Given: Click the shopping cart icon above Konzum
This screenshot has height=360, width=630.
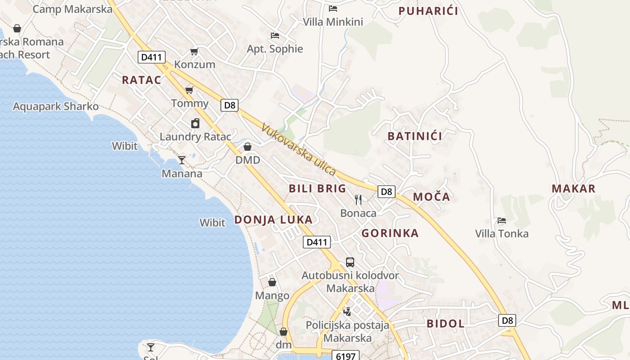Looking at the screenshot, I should click(194, 51).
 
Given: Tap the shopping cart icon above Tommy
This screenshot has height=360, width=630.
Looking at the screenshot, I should click(189, 90).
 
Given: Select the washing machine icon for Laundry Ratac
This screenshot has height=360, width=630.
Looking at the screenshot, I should click(195, 123).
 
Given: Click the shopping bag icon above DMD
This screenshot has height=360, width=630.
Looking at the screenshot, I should click(247, 147).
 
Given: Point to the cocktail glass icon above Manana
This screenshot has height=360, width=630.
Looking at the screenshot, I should click(182, 160).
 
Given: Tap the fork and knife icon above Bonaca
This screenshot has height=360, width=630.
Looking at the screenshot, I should click(358, 199).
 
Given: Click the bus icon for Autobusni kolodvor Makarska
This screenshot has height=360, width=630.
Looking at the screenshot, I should click(350, 262).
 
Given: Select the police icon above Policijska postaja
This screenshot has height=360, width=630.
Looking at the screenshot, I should click(347, 311).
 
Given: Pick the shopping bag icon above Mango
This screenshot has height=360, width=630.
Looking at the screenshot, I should click(272, 282).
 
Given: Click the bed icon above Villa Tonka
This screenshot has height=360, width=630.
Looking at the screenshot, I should click(502, 220).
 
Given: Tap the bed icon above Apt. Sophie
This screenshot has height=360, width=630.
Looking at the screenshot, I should click(274, 36).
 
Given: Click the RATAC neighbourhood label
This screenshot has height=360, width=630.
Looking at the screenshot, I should click(141, 80).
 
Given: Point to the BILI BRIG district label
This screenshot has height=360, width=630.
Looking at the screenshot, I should click(317, 189).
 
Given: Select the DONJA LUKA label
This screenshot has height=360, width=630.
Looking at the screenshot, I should click(273, 220).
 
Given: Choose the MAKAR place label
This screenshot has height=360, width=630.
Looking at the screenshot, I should click(573, 189).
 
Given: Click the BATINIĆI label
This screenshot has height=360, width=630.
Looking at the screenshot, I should click(414, 136).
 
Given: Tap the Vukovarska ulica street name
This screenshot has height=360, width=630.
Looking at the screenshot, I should click(298, 150).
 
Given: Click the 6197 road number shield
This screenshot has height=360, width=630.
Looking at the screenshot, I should click(346, 356).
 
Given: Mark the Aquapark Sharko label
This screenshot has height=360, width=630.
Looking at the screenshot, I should click(56, 107).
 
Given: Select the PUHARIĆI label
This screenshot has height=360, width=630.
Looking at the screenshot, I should click(428, 11).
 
